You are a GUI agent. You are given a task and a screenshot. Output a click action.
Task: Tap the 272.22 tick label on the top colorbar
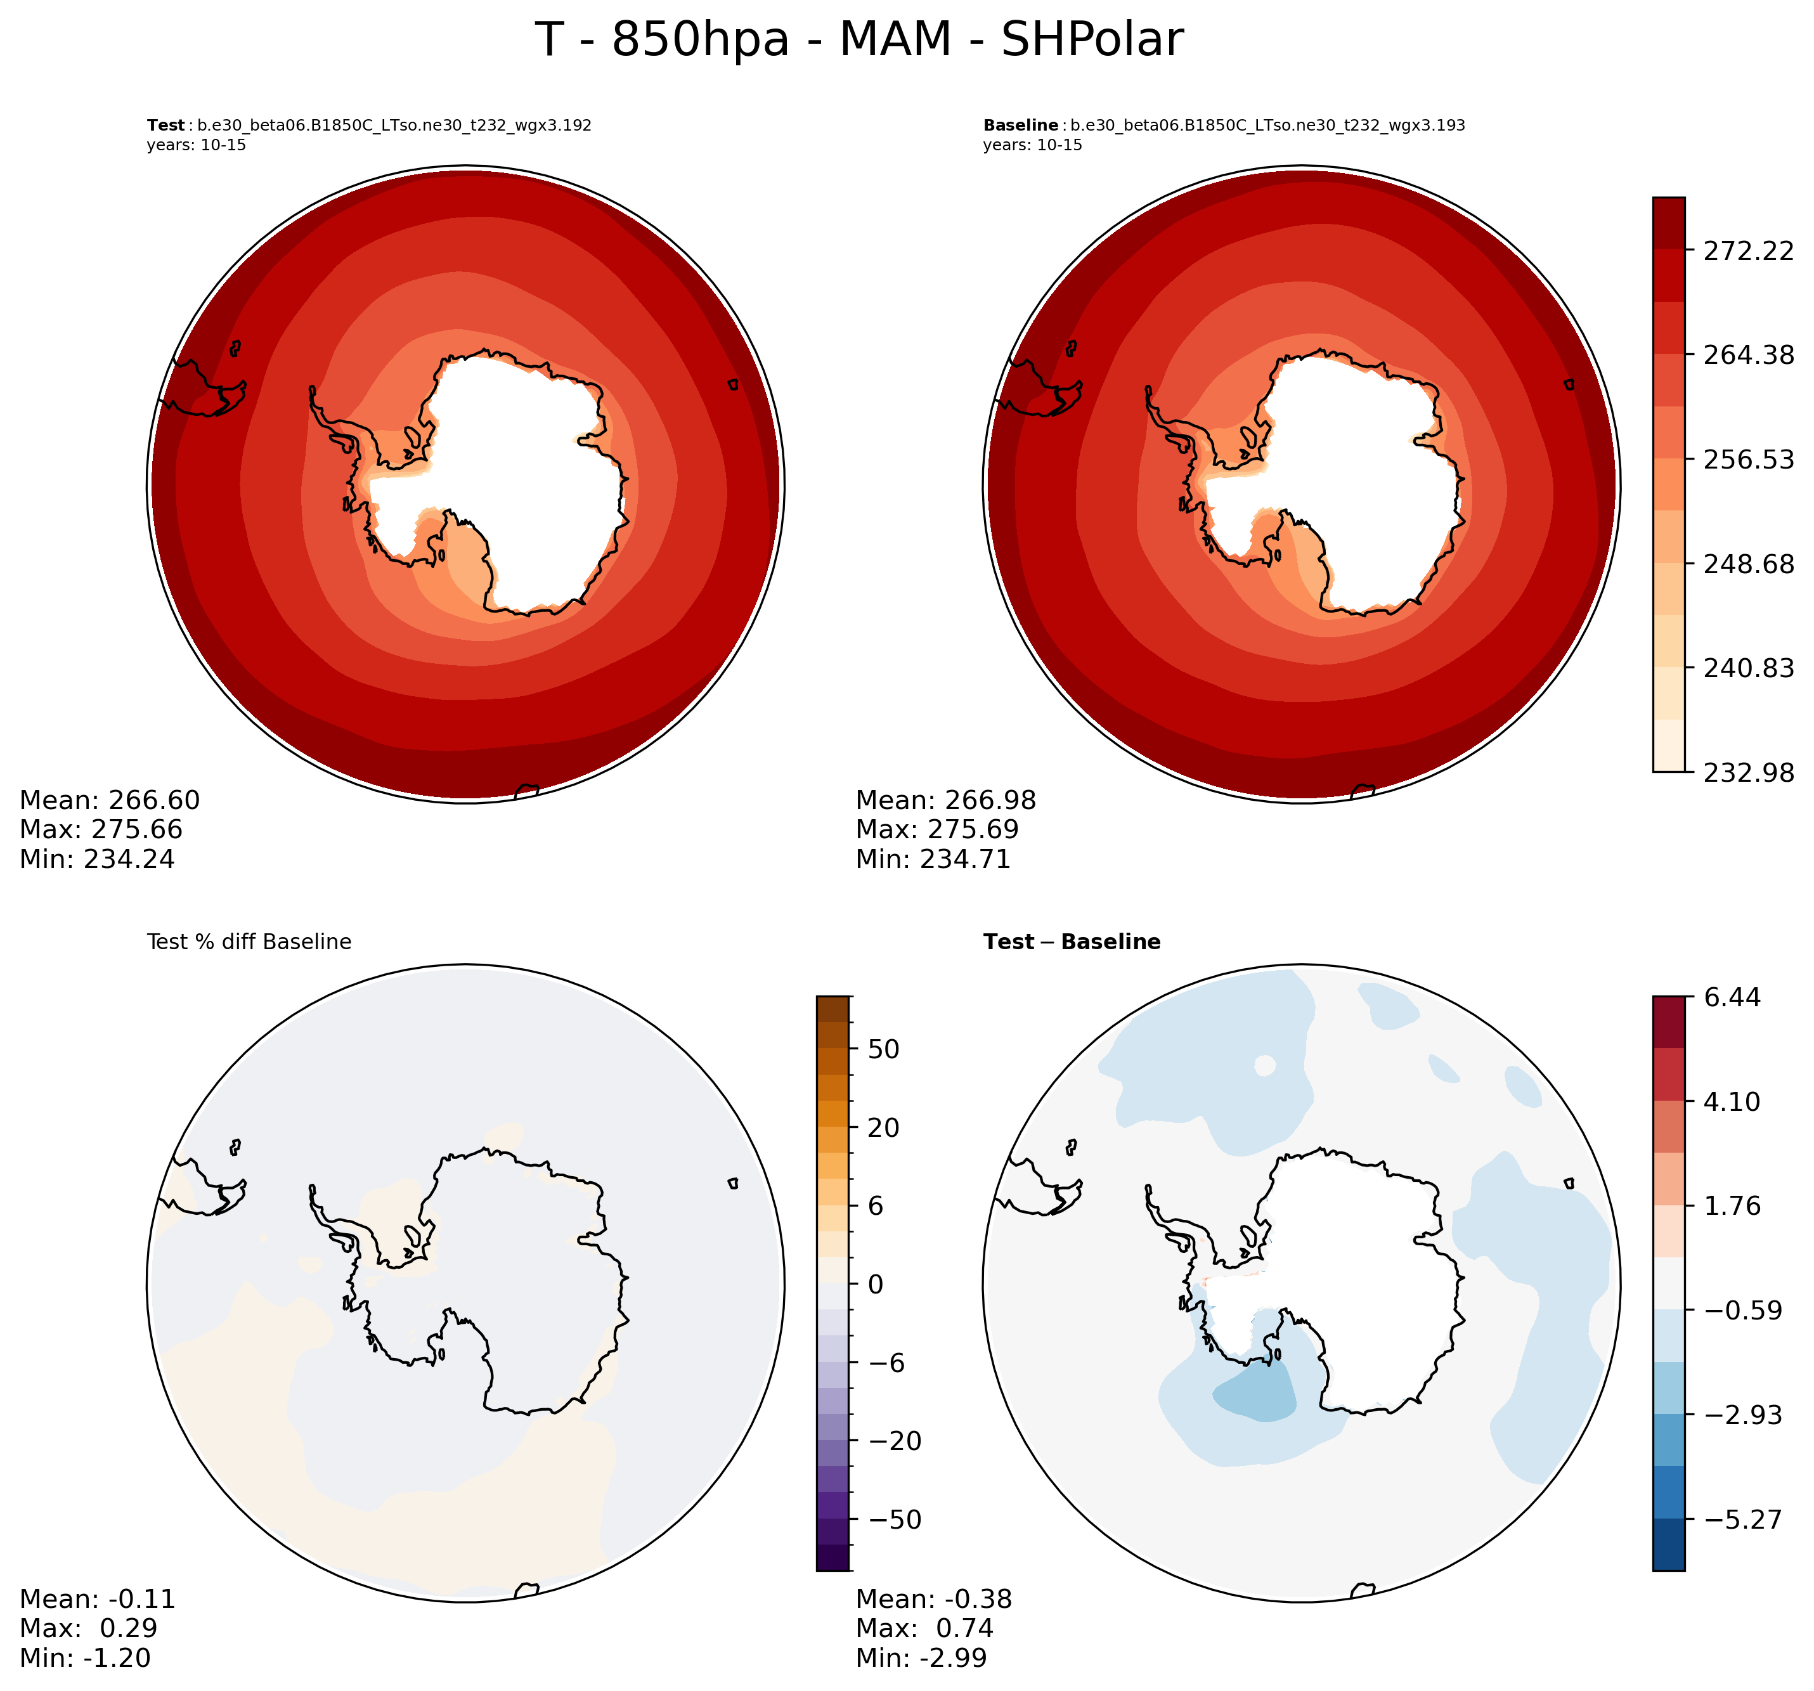pos(1748,251)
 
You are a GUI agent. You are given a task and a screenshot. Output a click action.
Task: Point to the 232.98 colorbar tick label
pos(1748,773)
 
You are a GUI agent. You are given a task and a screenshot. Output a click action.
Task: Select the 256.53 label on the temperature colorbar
pos(1748,460)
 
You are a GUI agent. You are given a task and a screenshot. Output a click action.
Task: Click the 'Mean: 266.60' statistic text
pos(110,800)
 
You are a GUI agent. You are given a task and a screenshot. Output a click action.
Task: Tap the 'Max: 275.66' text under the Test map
pos(100,829)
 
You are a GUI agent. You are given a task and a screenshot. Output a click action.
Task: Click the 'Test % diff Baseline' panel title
pos(249,942)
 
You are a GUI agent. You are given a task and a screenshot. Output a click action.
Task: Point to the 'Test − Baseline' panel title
pos(1072,942)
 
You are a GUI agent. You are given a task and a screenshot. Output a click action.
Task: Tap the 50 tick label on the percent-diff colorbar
pos(883,1049)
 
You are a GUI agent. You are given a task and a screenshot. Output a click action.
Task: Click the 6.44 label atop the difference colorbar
pos(1732,997)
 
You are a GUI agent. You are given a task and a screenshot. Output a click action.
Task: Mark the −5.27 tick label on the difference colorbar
pos(1741,1519)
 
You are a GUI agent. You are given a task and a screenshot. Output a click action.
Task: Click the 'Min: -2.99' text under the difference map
pos(921,1658)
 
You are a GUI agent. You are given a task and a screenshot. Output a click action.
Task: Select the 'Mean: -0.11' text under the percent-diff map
pos(97,1599)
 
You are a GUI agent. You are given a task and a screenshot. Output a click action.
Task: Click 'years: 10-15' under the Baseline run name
pos(1032,145)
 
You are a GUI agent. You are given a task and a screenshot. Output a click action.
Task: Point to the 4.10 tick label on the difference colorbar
pos(1732,1101)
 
